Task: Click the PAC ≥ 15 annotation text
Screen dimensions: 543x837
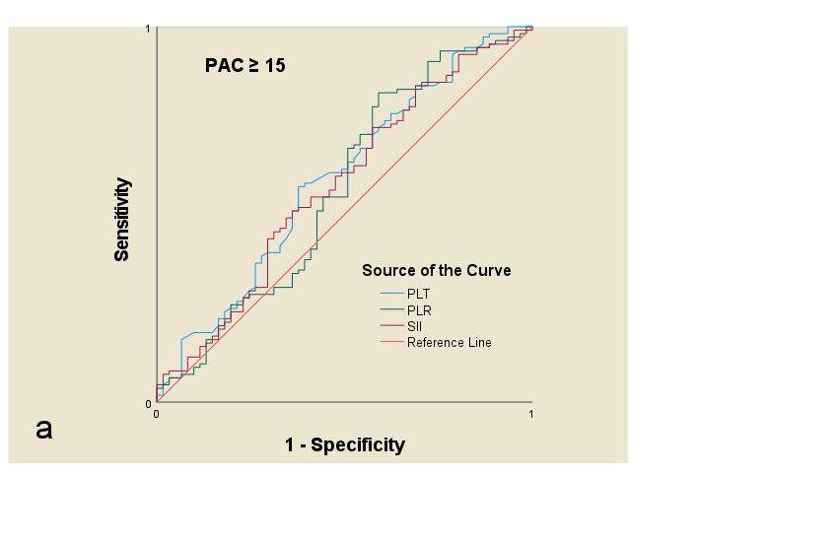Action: [244, 67]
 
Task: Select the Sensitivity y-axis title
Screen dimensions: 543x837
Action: [122, 220]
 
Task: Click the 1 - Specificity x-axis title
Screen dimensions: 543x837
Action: [344, 444]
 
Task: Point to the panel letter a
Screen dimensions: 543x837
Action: [44, 429]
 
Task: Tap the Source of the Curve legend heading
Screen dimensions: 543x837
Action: [436, 270]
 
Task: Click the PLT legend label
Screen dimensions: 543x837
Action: [418, 294]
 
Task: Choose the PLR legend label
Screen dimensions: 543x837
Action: [419, 310]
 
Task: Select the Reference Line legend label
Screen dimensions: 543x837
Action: [449, 343]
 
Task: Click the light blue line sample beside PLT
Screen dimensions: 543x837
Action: [391, 294]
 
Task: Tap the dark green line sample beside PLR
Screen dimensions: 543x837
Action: [391, 310]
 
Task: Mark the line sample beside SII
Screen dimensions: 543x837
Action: [391, 326]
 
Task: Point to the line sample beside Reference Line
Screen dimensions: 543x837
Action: [391, 343]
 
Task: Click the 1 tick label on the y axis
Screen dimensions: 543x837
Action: [148, 30]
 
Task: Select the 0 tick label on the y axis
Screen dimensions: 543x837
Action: [148, 403]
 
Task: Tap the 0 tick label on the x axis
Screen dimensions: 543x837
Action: [156, 414]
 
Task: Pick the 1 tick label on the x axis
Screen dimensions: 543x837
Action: [531, 414]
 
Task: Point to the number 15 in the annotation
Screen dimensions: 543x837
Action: [275, 67]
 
